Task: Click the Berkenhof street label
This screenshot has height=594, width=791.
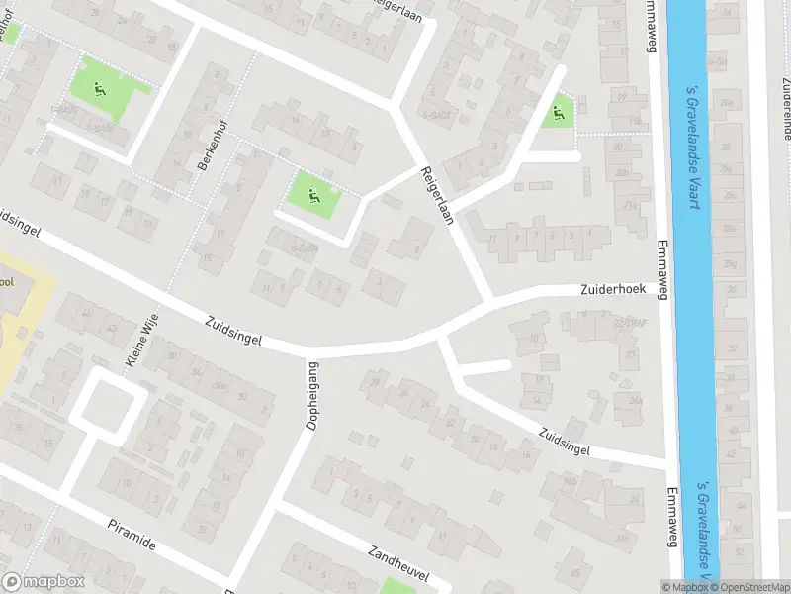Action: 209,148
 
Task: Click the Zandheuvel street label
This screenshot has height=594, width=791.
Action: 398,568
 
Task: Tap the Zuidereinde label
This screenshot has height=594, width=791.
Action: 787,112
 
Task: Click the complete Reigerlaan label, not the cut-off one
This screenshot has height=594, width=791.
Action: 436,195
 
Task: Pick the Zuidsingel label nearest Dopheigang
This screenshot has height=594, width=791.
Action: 234,331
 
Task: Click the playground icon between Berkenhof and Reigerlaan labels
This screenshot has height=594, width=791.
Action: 314,195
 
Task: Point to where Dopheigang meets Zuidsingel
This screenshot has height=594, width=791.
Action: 308,353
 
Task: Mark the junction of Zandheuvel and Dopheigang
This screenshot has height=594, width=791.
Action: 274,504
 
